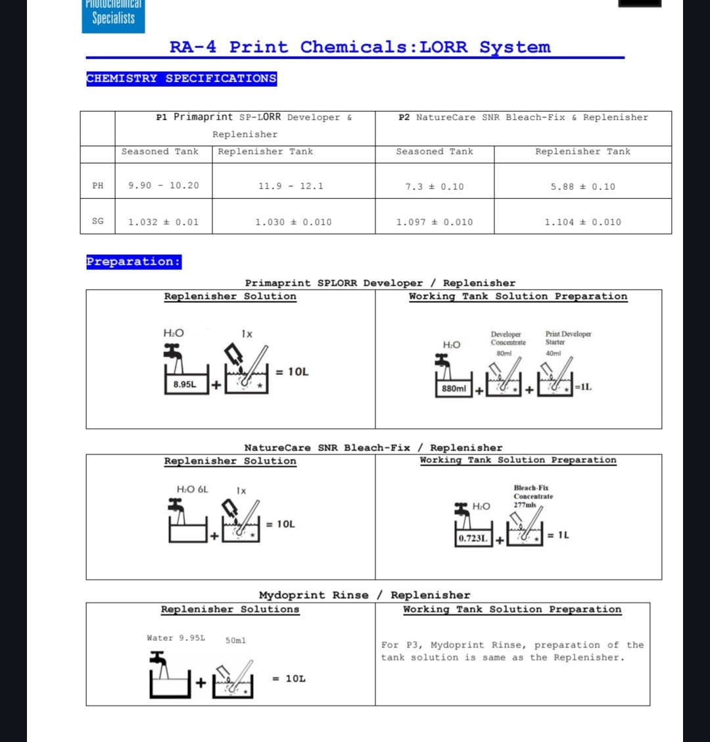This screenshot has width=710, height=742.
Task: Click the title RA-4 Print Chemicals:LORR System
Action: click(360, 47)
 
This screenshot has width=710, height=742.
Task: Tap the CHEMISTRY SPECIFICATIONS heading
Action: click(181, 79)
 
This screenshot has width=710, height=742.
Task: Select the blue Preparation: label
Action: click(133, 261)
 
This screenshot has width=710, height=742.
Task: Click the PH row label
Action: click(97, 186)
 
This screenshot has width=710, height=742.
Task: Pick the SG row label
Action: click(97, 221)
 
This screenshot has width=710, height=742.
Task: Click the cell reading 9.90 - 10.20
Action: click(163, 186)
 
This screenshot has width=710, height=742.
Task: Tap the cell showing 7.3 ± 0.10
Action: click(434, 187)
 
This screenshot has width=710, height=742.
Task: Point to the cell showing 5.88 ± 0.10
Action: click(582, 187)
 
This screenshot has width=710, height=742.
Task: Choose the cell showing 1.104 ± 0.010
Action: click(582, 222)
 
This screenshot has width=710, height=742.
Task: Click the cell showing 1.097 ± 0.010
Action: click(434, 222)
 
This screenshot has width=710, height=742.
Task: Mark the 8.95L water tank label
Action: click(184, 384)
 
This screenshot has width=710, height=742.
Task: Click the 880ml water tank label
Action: click(454, 389)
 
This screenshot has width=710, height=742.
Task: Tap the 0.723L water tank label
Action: click(473, 538)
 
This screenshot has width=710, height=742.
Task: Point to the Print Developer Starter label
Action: click(568, 338)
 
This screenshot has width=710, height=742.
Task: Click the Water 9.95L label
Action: click(176, 638)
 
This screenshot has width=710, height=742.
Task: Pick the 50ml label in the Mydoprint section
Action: click(235, 640)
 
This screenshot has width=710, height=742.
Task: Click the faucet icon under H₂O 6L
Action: click(176, 506)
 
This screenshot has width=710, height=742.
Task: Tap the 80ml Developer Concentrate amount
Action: click(504, 353)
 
